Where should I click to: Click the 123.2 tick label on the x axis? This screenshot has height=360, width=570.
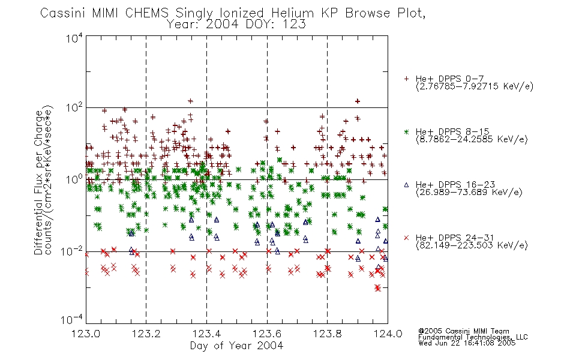coord(146,334)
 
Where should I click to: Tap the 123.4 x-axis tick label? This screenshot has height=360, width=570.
coord(206,334)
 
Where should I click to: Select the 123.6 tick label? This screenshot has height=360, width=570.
coord(267,334)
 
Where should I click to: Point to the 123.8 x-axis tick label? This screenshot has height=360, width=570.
coord(327,334)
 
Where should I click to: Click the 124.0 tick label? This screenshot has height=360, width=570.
coord(388,334)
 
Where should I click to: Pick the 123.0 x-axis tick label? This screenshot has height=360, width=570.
coord(86,334)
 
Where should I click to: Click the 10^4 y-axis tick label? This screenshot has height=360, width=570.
coord(74,38)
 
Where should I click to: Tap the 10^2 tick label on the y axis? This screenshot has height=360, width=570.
coord(74,108)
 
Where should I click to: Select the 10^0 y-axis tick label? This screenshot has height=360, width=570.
coord(74,179)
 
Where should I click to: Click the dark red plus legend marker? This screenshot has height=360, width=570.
coord(406,79)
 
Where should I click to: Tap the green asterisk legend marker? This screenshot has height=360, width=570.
coord(406,131)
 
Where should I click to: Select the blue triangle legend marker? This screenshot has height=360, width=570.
coord(406,185)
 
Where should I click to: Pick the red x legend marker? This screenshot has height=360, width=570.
coord(406,238)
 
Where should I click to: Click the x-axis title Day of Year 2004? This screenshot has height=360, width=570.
coord(236,346)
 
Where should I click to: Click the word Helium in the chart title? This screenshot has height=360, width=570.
coord(292,13)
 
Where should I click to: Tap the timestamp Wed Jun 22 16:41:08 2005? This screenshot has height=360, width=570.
coord(467,343)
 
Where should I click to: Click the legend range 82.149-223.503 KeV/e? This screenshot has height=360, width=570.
coord(472,245)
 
